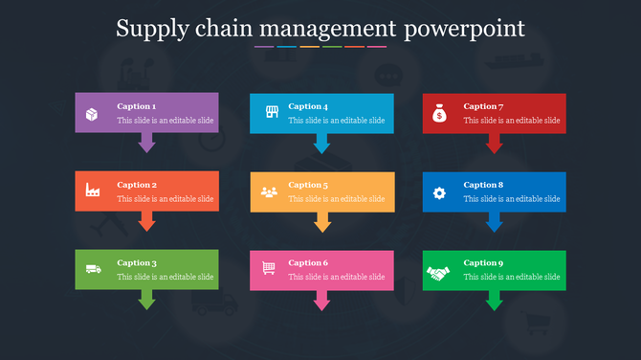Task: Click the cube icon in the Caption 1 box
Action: point(92,114)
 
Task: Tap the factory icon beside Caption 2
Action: point(93,191)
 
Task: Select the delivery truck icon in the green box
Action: point(93,269)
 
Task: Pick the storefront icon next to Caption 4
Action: point(271,113)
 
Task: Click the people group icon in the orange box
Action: point(269,191)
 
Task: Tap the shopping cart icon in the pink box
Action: point(269,268)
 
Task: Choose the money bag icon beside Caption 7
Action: point(438,114)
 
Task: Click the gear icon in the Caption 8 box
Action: point(439,192)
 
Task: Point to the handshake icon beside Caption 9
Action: point(438,272)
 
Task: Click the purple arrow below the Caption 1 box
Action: point(146,143)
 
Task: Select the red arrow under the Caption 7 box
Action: point(494,144)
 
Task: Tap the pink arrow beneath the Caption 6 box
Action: point(322,301)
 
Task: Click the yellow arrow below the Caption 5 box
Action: point(322,222)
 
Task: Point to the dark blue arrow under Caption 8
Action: point(494,222)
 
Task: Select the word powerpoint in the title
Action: point(465,29)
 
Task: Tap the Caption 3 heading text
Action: point(137,262)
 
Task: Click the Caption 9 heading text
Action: point(483,262)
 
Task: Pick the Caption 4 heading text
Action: point(308,106)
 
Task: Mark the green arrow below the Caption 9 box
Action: point(494,301)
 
